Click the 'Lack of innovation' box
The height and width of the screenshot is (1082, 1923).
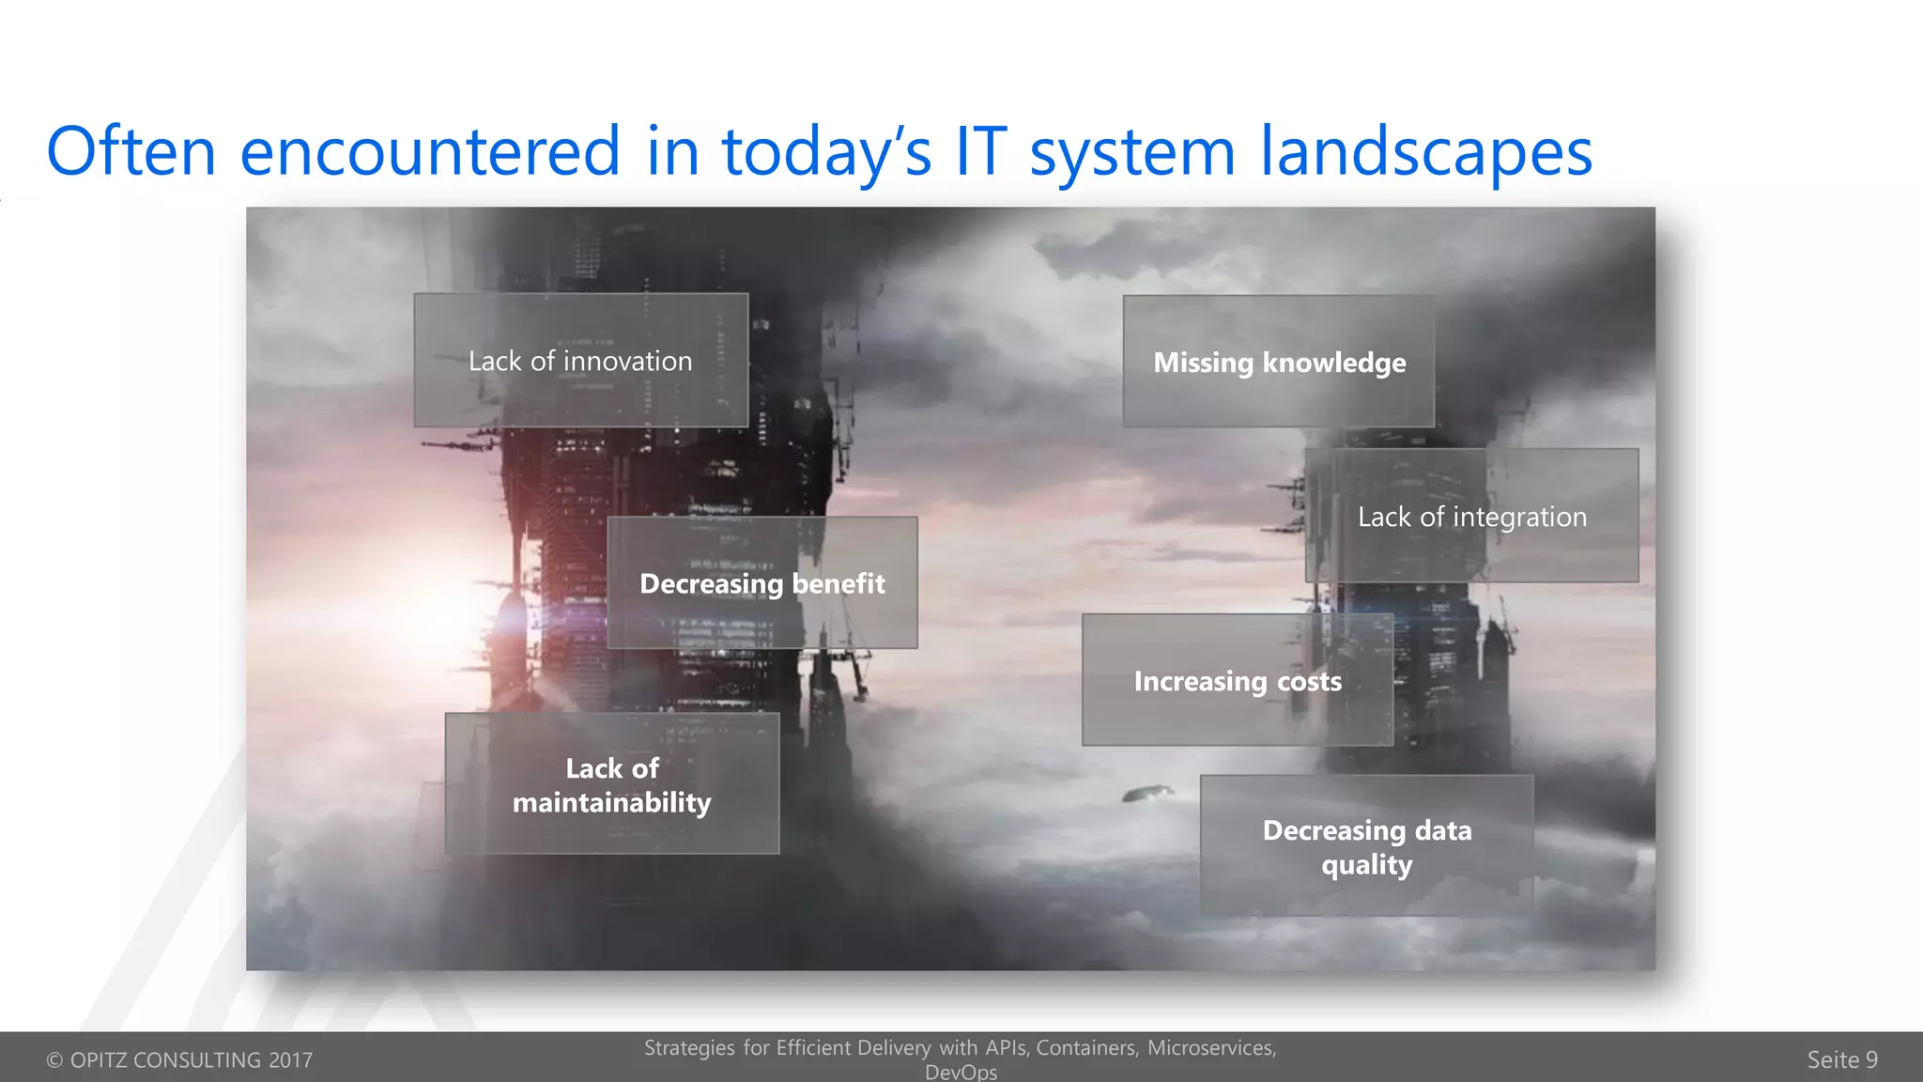pyautogui.click(x=580, y=361)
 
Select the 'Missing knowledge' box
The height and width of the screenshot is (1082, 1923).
pyautogui.click(x=1279, y=363)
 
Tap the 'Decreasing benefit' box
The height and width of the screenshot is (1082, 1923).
pyautogui.click(x=762, y=583)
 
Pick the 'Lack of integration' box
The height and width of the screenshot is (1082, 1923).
pyautogui.click(x=1471, y=517)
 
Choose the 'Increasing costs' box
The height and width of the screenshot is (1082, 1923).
pyautogui.click(x=1238, y=681)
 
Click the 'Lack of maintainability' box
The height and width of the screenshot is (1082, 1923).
pyautogui.click(x=611, y=784)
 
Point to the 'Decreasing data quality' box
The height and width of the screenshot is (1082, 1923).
pyautogui.click(x=1366, y=846)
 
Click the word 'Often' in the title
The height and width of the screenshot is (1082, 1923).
pyautogui.click(x=131, y=151)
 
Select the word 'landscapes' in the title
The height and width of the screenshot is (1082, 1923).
pyautogui.click(x=1425, y=153)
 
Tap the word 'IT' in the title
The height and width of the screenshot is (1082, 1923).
pyautogui.click(x=981, y=151)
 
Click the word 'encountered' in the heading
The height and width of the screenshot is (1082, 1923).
pyautogui.click(x=430, y=151)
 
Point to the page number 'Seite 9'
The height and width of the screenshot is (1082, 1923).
pyautogui.click(x=1842, y=1059)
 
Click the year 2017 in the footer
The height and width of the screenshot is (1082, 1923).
pyautogui.click(x=290, y=1060)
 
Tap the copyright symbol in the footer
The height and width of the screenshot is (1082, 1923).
pyautogui.click(x=54, y=1060)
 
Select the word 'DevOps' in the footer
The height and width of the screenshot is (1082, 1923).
pyautogui.click(x=961, y=1072)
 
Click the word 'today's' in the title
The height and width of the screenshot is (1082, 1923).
pyautogui.click(x=826, y=153)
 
